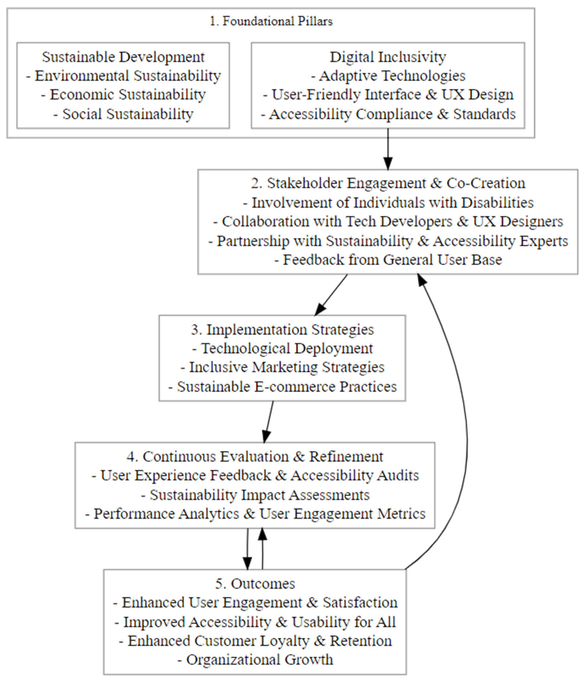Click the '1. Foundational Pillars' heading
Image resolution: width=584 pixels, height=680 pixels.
(271, 21)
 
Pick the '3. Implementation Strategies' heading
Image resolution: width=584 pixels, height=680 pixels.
(282, 330)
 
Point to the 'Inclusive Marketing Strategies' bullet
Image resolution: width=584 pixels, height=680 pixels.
(282, 367)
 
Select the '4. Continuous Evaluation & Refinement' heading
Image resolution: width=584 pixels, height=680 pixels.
(255, 456)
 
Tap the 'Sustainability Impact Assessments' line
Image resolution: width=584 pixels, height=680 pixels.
(255, 495)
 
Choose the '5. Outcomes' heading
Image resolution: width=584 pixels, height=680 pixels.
(255, 584)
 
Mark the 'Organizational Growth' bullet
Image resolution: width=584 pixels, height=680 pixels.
(255, 660)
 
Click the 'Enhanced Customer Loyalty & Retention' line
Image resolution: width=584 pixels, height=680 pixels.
(255, 641)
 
